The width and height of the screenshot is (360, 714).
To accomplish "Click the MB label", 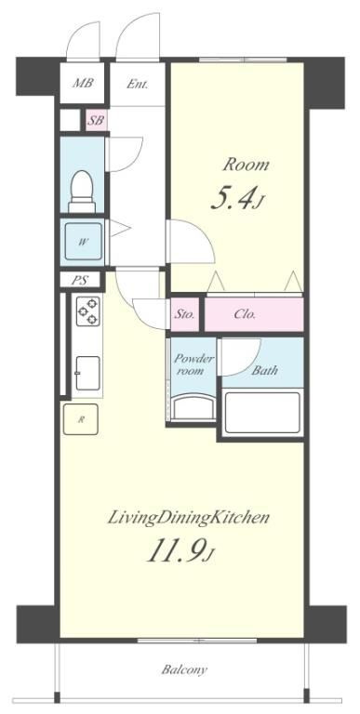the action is coord(84,84).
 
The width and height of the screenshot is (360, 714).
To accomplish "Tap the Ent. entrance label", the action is coord(137,84).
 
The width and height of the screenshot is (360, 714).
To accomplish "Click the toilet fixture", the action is coord(82,192).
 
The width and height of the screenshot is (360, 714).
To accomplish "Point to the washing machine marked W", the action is coord(83,242).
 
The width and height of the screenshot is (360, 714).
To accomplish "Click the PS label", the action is coord(80,280).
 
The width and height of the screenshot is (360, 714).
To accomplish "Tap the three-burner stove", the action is coord(88,311).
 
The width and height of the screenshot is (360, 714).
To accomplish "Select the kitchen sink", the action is coord(87,373).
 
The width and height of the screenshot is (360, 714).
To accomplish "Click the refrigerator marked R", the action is coord(81,419).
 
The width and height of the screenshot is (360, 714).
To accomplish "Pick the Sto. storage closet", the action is coord(185,314).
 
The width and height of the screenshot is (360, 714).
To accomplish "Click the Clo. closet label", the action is coord(245,314).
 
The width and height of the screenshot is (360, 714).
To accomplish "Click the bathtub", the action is coord(262,413).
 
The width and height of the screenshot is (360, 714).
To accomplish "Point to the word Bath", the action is coord(265,370).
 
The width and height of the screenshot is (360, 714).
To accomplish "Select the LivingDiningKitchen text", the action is coord(188,519).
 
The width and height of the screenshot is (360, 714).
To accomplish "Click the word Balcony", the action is coord(184,669).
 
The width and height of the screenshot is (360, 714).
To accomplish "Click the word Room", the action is coord(246,165).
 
